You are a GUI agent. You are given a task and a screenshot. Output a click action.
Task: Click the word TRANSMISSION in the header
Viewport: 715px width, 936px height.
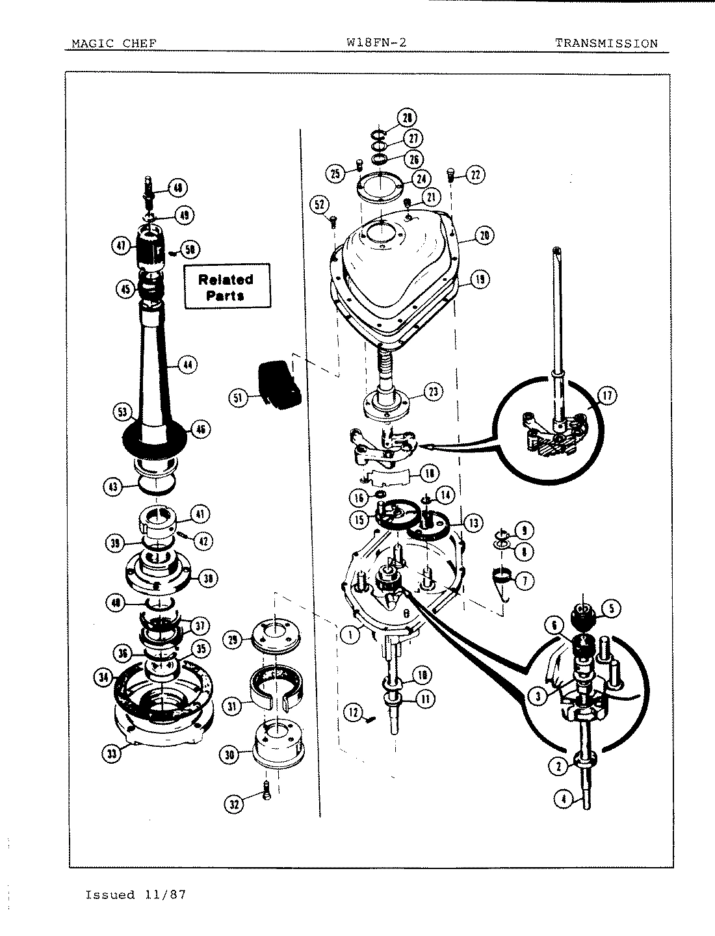pos(606,44)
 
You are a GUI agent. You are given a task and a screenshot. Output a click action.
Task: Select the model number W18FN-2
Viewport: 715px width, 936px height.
pos(378,43)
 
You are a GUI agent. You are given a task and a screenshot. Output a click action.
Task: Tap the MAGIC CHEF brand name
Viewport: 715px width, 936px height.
pos(114,44)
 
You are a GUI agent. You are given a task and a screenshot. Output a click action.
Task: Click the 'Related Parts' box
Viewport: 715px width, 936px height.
pos(226,287)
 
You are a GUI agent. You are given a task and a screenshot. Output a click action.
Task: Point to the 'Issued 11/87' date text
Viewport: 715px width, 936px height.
pos(136,895)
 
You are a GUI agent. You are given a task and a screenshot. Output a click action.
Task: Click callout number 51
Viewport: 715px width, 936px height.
pos(239,396)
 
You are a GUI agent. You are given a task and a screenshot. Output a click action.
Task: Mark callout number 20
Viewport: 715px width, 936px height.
pos(484,235)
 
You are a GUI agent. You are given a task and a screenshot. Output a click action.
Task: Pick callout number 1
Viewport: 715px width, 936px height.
pos(350,634)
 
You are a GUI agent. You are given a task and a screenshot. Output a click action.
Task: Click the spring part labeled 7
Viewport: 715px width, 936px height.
pos(500,577)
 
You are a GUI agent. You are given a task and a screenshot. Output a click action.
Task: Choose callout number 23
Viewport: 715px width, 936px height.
pos(433,391)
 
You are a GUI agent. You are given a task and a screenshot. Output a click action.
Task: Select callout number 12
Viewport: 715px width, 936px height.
pos(354,713)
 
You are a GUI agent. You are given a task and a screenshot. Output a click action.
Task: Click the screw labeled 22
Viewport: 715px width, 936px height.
pos(449,174)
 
